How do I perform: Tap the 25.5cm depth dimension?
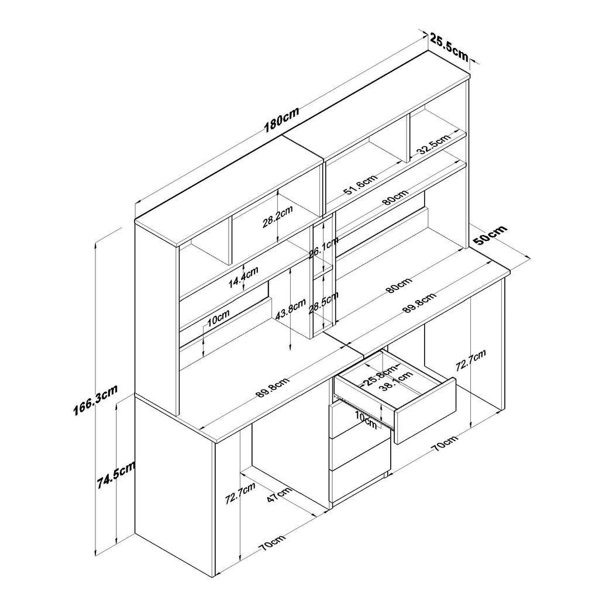[x=449, y=47]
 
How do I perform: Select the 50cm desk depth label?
[x=490, y=235]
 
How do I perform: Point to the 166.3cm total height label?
[x=95, y=400]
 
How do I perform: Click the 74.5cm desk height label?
[x=116, y=474]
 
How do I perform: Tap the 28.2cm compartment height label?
[x=277, y=216]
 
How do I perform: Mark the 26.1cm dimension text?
[x=323, y=248]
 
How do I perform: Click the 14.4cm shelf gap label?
[x=243, y=277]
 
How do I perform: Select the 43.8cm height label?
[x=290, y=309]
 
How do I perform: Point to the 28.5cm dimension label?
[x=323, y=303]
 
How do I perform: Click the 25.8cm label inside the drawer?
[x=379, y=377]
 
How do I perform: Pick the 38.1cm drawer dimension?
[x=397, y=381]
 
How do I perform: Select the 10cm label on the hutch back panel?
[x=218, y=318]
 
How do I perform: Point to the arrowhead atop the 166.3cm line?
[x=95, y=245]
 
